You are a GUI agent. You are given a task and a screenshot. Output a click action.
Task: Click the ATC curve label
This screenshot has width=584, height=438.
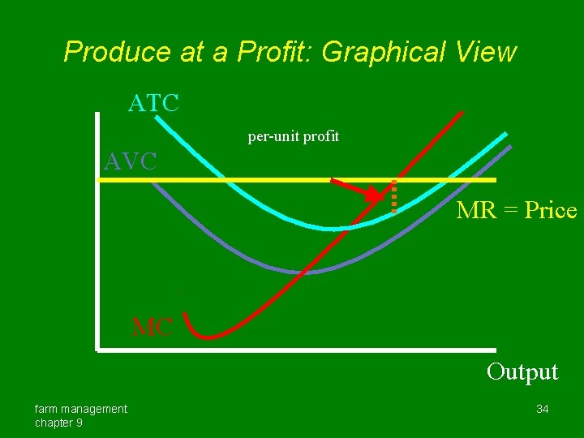[153, 104]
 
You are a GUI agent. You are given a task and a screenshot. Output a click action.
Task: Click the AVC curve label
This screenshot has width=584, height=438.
[130, 161]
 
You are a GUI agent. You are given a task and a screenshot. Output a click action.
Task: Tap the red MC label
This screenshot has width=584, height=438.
[152, 328]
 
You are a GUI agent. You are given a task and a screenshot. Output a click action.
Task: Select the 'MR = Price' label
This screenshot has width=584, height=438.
[516, 211]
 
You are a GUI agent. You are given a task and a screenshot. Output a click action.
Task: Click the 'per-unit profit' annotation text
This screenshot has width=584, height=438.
[293, 137]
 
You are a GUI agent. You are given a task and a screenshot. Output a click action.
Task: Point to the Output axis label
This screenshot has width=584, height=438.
[522, 372]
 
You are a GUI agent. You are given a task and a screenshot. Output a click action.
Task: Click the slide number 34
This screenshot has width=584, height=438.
[542, 409]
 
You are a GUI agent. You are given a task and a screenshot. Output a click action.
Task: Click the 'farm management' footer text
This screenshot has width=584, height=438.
[80, 409]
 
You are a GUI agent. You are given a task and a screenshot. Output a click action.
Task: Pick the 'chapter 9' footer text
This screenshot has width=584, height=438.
[58, 423]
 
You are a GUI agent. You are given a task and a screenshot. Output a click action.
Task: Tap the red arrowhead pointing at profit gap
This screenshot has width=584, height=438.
[375, 195]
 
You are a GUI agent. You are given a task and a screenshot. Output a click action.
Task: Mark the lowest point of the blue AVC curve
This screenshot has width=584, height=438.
[312, 270]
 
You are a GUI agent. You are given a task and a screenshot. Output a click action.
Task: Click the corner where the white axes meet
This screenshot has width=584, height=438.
[97, 350]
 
